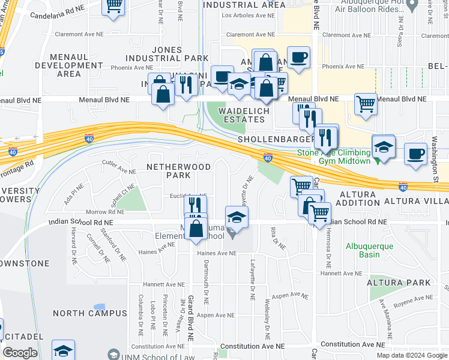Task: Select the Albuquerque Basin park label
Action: (369, 250)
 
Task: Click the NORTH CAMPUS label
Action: (89, 313)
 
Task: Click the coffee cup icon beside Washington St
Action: (416, 153)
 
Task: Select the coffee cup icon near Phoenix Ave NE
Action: (298, 58)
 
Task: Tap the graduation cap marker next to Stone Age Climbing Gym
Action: (384, 146)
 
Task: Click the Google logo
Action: (20, 353)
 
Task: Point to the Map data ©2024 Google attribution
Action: (412, 355)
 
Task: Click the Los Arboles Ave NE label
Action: (246, 16)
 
